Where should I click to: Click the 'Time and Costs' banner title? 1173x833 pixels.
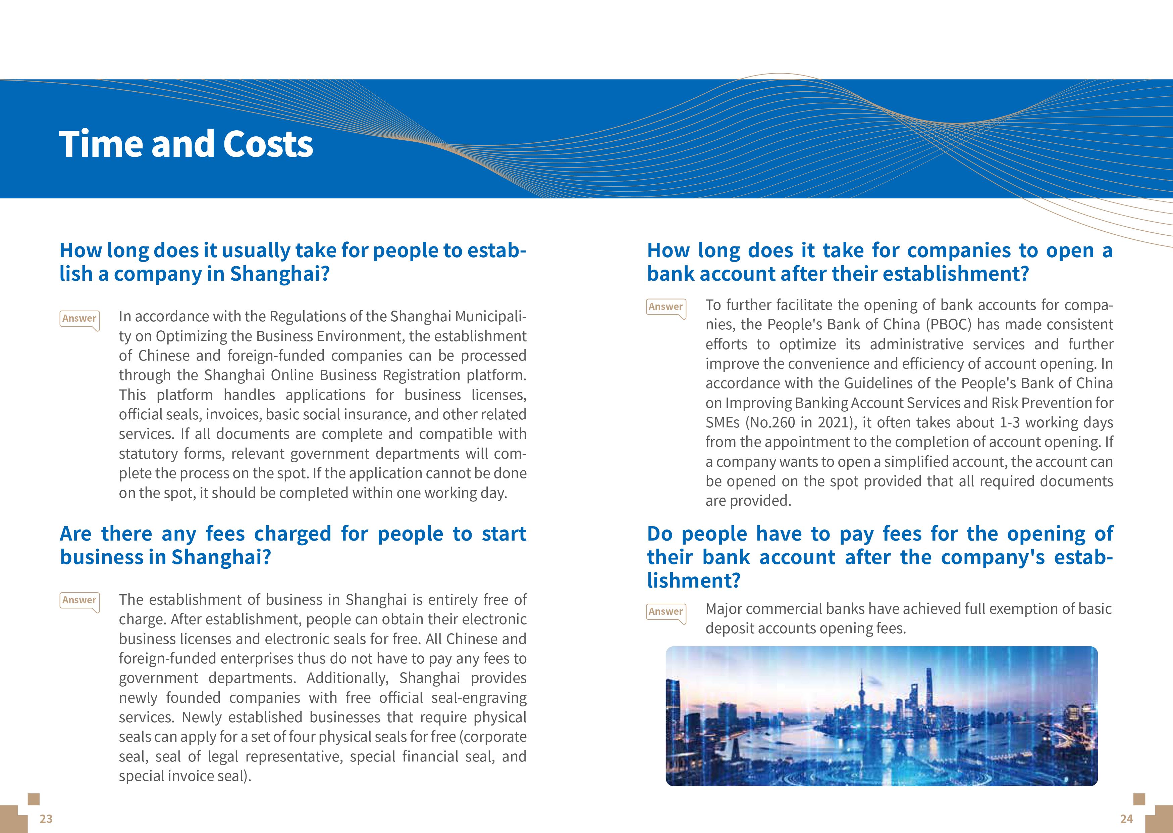[186, 144]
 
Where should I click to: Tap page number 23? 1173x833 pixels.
[46, 819]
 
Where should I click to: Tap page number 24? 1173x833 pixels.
[1126, 819]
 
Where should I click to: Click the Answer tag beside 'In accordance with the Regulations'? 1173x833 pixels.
[79, 319]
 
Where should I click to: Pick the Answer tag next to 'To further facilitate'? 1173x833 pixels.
[666, 307]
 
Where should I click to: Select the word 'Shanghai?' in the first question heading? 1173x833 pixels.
[279, 274]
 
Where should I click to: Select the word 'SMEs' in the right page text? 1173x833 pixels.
[723, 423]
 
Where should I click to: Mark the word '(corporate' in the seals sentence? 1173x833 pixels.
[493, 737]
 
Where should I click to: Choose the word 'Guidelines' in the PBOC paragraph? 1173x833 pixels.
[875, 384]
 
